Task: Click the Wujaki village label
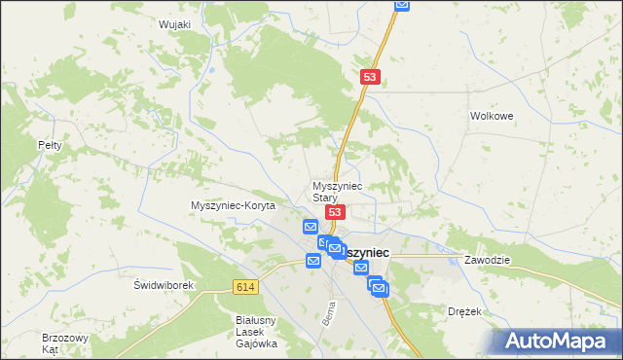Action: click(x=172, y=24)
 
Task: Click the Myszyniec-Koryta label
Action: click(x=234, y=206)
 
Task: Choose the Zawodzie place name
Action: click(x=488, y=261)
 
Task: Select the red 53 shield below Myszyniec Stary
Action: click(x=335, y=212)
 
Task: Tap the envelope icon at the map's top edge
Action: click(x=402, y=5)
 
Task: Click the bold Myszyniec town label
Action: click(x=365, y=252)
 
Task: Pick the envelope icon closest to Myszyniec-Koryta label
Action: click(x=311, y=228)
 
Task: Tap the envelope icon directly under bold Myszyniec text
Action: click(x=361, y=268)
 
